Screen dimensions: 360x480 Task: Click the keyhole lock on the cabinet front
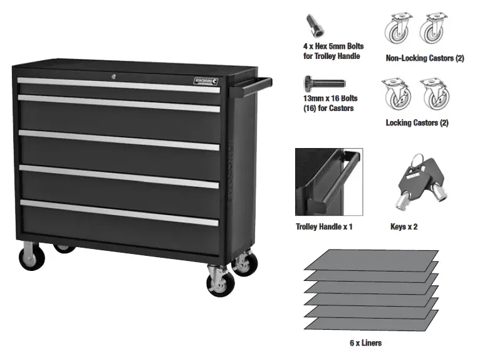pyautogui.click(x=114, y=77)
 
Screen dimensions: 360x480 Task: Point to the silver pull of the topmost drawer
pyautogui.click(x=119, y=85)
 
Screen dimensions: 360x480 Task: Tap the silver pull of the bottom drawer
pyautogui.click(x=119, y=212)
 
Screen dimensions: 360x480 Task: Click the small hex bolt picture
pyautogui.click(x=311, y=26)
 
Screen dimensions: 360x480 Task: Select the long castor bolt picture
pyautogui.click(x=323, y=82)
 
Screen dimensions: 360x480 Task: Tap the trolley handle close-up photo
pyautogui.click(x=329, y=182)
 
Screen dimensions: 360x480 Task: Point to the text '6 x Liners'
pyautogui.click(x=365, y=343)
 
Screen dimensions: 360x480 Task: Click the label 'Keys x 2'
pyautogui.click(x=404, y=226)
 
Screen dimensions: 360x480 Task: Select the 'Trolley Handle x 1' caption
pyautogui.click(x=324, y=226)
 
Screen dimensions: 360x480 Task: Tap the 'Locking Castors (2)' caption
pyautogui.click(x=417, y=123)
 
